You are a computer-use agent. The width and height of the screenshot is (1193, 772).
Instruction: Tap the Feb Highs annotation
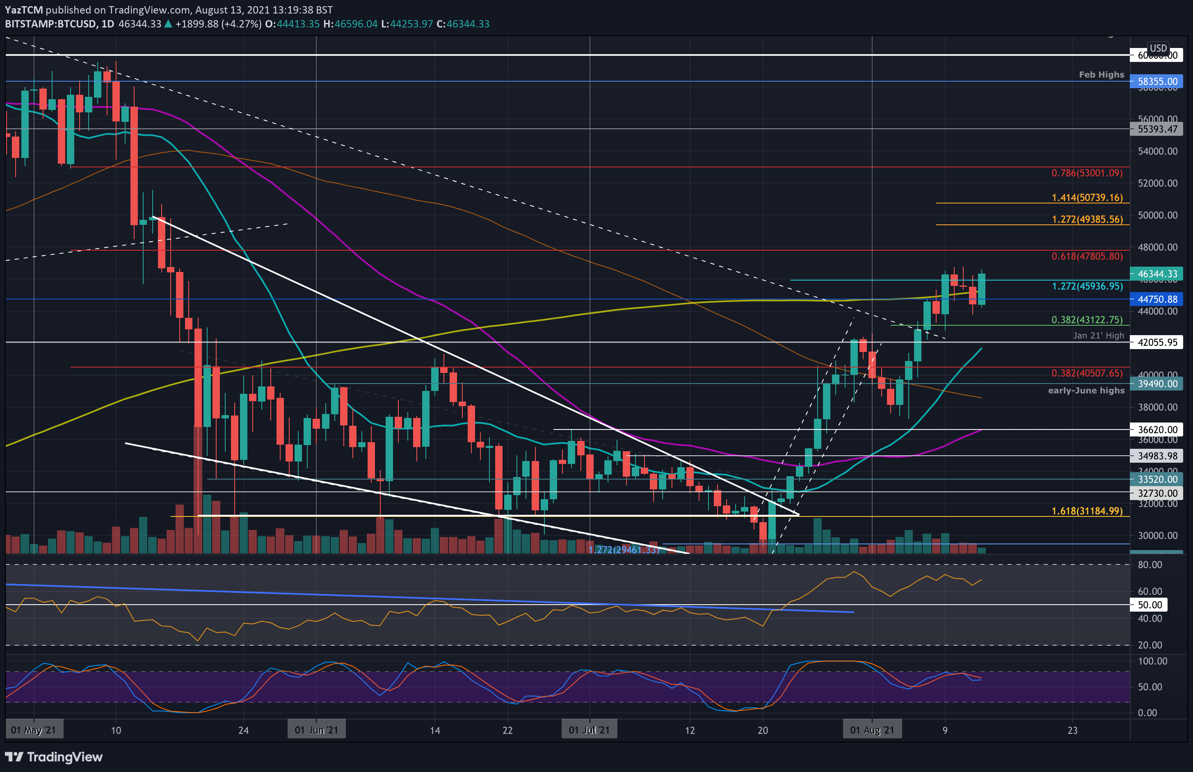click(1101, 75)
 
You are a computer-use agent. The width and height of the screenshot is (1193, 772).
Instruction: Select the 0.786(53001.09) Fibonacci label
click(1087, 173)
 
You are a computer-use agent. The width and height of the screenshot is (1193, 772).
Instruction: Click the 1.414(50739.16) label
click(1087, 197)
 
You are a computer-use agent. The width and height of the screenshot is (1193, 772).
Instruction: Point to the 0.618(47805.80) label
click(1087, 256)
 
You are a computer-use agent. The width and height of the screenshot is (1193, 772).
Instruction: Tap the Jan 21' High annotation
click(1098, 336)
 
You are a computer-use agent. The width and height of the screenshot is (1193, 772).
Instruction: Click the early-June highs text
click(1086, 391)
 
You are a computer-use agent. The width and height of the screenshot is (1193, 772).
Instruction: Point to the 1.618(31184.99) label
click(1087, 511)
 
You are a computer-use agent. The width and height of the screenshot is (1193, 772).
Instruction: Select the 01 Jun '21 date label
click(316, 730)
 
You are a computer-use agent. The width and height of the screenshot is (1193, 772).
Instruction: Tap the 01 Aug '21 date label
click(872, 730)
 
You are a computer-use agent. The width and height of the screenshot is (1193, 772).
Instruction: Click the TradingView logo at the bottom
click(54, 756)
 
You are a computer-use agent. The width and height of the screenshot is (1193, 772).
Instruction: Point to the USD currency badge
click(1158, 48)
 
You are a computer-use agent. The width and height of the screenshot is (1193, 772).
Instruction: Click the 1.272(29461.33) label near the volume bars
click(624, 550)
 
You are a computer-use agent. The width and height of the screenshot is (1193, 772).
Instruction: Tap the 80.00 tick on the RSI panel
click(1150, 564)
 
